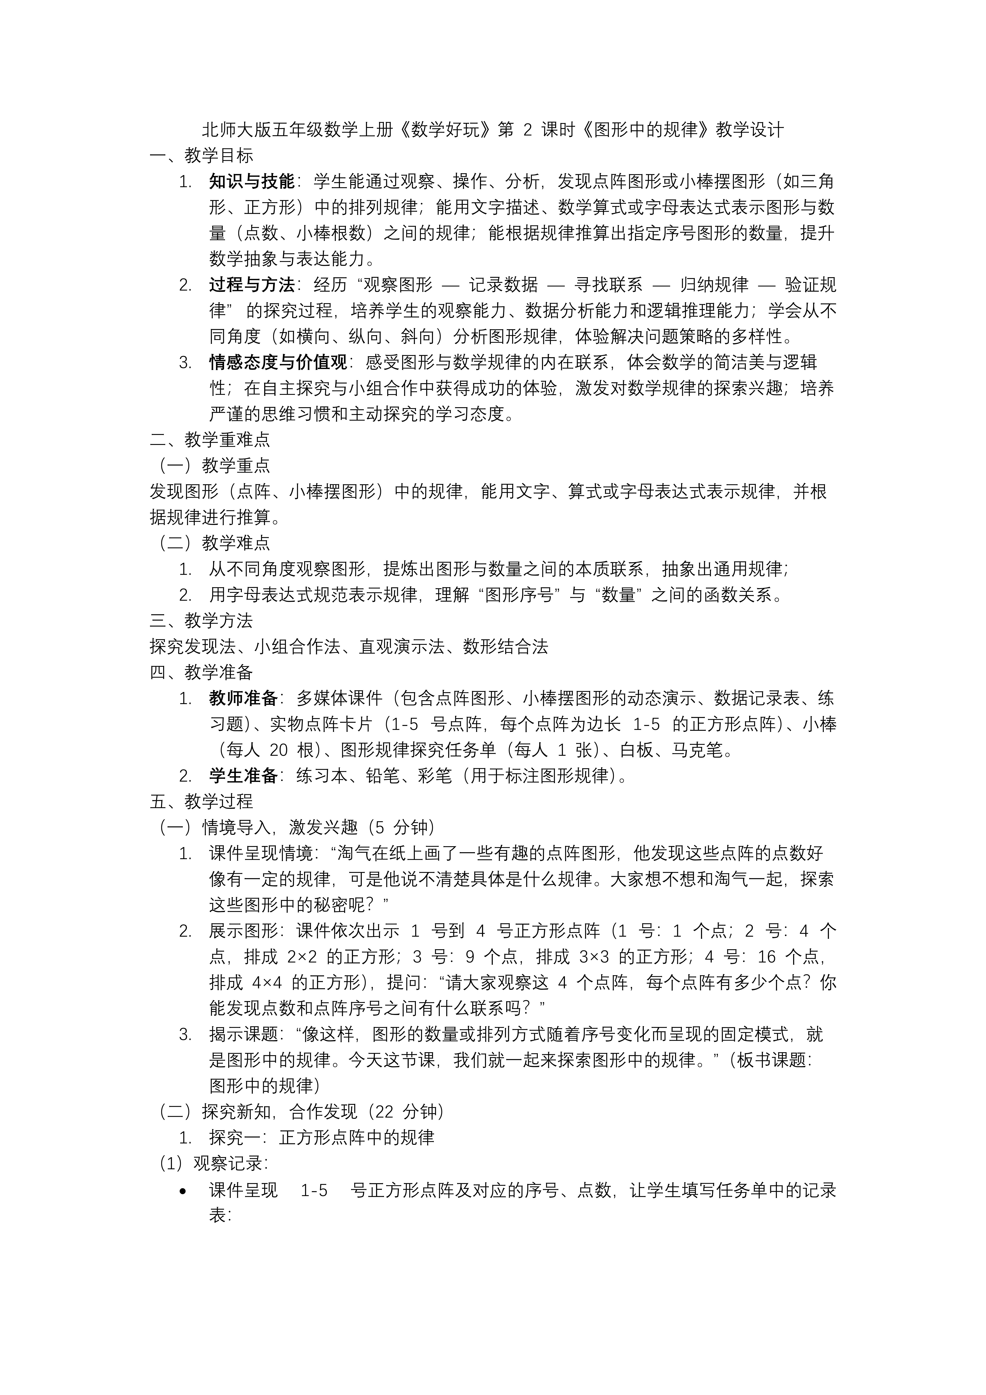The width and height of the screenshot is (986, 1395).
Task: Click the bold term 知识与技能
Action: (251, 181)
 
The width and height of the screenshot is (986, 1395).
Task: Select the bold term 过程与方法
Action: (251, 284)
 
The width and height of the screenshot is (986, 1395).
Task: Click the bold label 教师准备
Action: (243, 698)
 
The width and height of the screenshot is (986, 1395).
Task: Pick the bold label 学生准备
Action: (243, 775)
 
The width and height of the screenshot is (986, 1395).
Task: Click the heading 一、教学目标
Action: (201, 156)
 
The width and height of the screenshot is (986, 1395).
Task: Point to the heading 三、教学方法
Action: (201, 620)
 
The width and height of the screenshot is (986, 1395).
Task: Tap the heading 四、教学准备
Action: (201, 672)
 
